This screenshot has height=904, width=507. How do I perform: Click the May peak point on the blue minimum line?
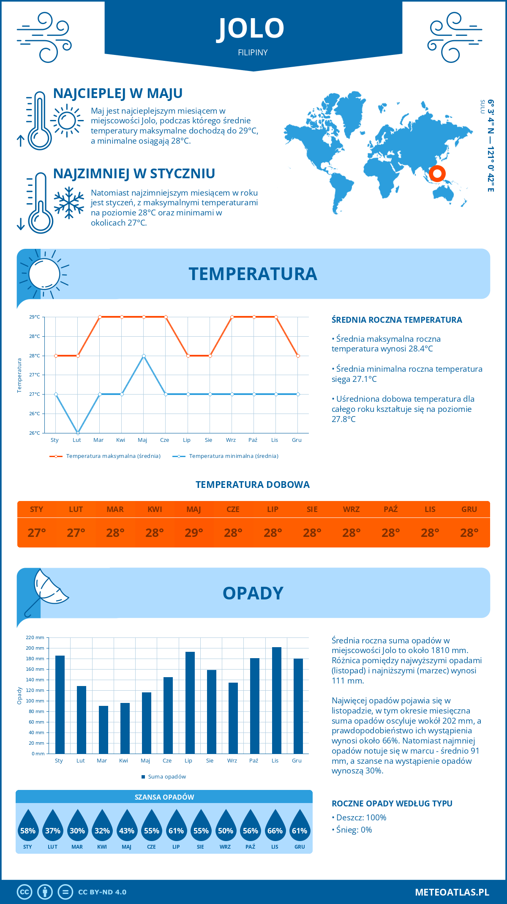click(x=144, y=356)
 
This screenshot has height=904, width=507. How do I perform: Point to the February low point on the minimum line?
click(x=78, y=433)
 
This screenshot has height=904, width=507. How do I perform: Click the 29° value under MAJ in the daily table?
click(x=194, y=533)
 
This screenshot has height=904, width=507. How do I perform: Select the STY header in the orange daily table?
click(x=37, y=509)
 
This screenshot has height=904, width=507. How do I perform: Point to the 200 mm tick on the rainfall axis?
click(x=35, y=648)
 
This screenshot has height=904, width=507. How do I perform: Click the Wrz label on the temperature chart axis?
click(x=231, y=440)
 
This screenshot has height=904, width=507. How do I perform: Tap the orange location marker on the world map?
click(x=437, y=173)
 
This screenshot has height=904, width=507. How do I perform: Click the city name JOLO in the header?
click(x=251, y=28)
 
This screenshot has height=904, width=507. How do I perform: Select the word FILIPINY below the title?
click(x=253, y=52)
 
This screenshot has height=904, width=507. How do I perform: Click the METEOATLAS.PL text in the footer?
click(x=452, y=892)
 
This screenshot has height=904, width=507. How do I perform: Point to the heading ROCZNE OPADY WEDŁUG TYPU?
click(x=392, y=803)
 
